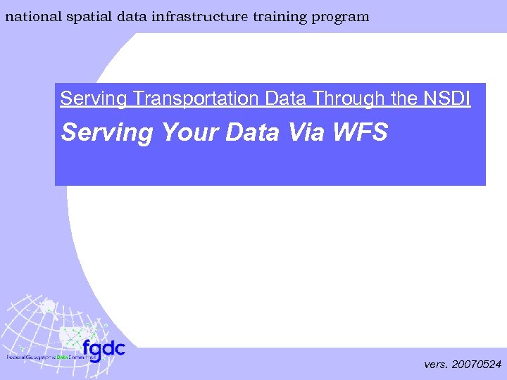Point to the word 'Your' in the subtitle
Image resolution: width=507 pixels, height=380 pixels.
coord(192,132)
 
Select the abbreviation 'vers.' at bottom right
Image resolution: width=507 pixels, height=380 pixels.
coord(437,365)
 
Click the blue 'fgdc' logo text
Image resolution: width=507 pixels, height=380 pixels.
coord(103,348)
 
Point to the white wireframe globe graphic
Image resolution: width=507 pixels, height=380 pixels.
coord(42,324)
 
